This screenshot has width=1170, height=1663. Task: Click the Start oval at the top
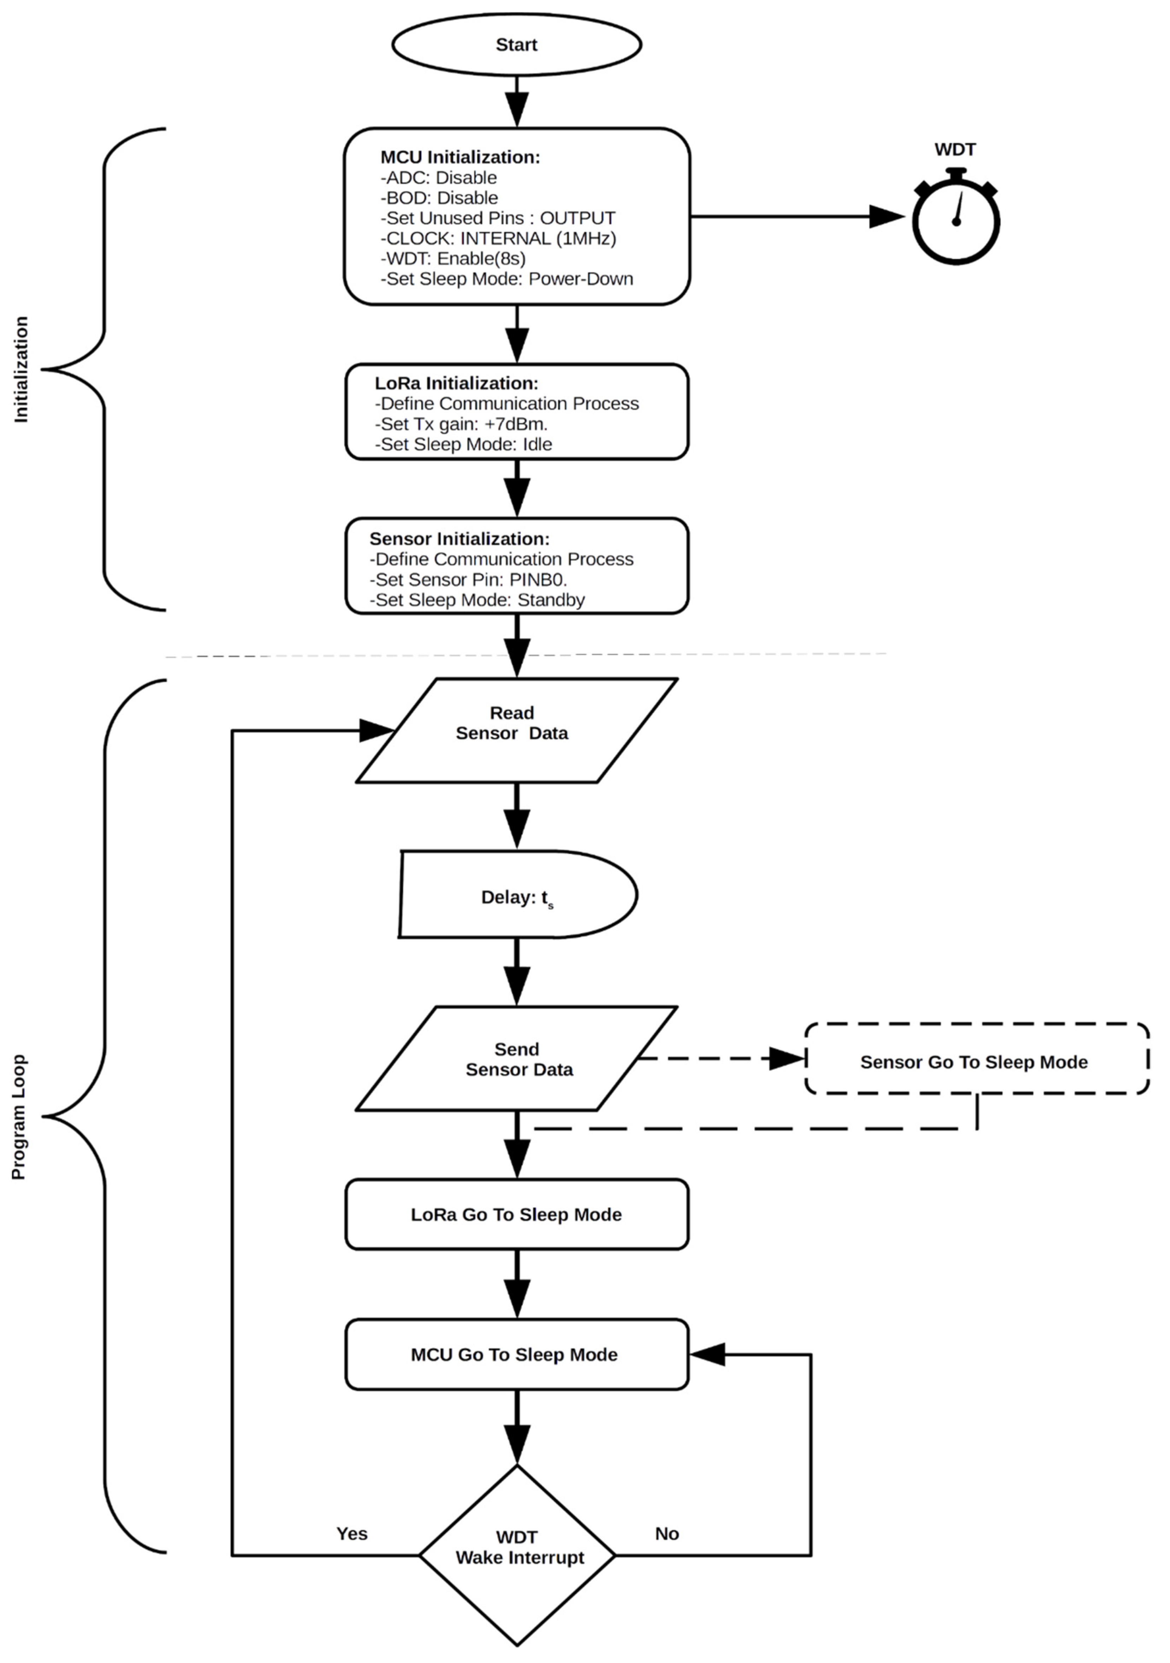tap(516, 45)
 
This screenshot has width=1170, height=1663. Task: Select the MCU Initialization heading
tap(460, 157)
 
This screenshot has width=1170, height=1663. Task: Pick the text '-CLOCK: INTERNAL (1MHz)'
tap(498, 238)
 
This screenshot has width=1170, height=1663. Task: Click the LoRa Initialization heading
tap(456, 383)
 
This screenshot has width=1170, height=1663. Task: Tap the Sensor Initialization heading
tap(459, 539)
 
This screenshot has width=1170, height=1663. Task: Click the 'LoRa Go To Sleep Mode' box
tap(516, 1215)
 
